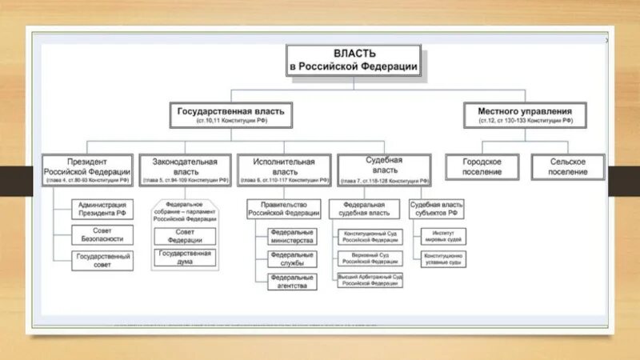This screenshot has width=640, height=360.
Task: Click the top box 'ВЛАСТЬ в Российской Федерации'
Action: click(x=354, y=61)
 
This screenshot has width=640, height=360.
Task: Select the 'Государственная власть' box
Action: click(x=230, y=115)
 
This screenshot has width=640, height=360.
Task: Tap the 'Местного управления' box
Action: click(x=526, y=115)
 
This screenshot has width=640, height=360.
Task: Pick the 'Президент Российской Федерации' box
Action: click(x=88, y=170)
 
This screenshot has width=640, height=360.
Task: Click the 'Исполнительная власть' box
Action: click(x=284, y=170)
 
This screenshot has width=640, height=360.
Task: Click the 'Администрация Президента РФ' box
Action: click(x=102, y=210)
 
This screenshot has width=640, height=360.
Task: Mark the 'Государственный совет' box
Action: click(x=102, y=260)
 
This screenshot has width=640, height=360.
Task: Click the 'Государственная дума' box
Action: click(x=185, y=257)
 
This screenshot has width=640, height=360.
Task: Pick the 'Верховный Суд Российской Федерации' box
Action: click(x=370, y=258)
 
